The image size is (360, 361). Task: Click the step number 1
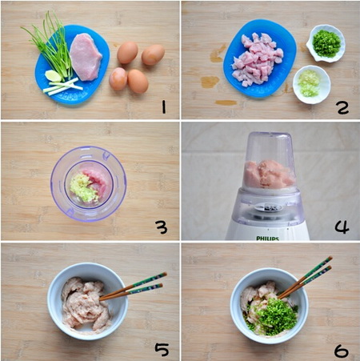pos(162,106)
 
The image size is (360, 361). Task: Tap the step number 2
pos(342,106)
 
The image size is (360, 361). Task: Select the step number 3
pos(162,227)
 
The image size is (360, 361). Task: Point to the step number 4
pos(342,227)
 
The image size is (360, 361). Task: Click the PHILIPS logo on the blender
pos(267,237)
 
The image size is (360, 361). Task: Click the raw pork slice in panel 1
pos(86,56)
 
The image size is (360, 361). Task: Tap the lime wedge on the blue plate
pos(54,76)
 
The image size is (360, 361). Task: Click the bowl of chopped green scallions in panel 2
pos(326,42)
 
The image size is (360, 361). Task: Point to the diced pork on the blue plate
pos(258,58)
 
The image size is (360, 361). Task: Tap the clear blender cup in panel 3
pos(88,182)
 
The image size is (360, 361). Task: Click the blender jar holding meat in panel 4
pos(268,164)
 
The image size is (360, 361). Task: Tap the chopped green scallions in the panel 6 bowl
pos(276,314)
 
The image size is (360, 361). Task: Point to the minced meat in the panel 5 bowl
pos(84,304)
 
